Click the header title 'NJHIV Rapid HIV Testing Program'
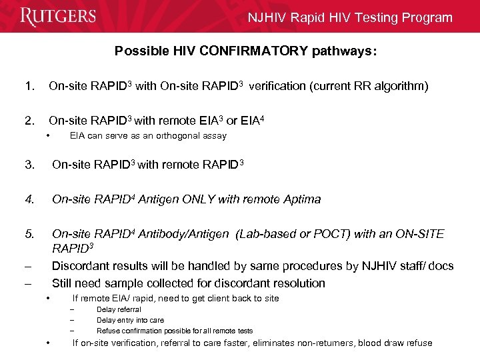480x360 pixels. coord(350,18)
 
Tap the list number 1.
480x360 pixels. coord(28,86)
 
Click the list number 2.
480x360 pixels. coord(28,121)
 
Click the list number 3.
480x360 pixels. coord(29,165)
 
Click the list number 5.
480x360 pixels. coord(29,234)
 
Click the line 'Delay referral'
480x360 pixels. coord(119,309)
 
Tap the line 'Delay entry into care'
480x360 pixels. coord(130,320)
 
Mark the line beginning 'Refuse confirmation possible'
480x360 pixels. coord(175,331)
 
